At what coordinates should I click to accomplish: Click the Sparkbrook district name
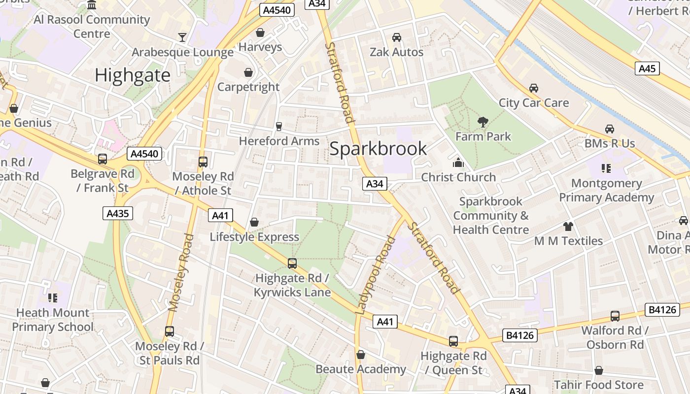coord(378,149)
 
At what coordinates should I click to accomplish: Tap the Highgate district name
coord(133,75)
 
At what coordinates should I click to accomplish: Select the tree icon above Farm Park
coord(483,122)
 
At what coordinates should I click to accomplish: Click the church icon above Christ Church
coord(458,163)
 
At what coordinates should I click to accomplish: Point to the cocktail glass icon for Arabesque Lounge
coord(182,37)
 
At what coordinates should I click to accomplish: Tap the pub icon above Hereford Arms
coord(279,127)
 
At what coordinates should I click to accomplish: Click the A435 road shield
coord(118,213)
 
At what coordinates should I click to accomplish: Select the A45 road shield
coord(647,68)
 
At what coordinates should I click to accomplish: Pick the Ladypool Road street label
coord(376,275)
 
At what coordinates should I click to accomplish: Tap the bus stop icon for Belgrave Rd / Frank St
coord(103,159)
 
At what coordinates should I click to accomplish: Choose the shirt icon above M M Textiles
coord(568,227)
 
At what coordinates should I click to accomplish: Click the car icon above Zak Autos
coord(397,37)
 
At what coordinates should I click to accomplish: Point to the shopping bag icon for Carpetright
coord(248,73)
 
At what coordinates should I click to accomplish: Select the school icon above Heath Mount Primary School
coord(53,298)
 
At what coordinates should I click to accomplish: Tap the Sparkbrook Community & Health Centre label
coord(491,216)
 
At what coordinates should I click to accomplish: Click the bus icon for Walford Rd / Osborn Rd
coord(615,316)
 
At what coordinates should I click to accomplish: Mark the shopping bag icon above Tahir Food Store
coord(599,370)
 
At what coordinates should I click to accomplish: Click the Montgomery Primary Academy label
coord(606,191)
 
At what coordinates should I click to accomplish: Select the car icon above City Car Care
coord(534,88)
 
